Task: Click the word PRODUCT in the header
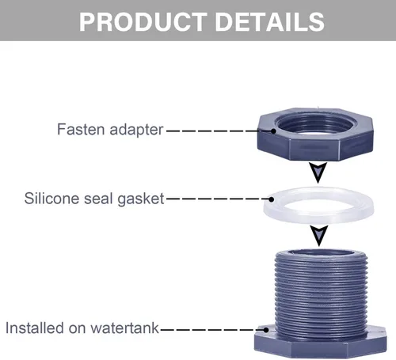(x=143, y=21)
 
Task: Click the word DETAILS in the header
(x=270, y=21)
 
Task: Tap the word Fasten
(x=81, y=130)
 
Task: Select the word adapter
(x=136, y=131)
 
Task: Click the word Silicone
(x=51, y=198)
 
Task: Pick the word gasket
(x=141, y=199)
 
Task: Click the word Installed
(x=35, y=328)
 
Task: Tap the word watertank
(x=124, y=328)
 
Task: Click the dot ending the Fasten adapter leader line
(x=273, y=131)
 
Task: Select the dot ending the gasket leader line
(x=272, y=199)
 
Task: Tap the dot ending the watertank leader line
(x=266, y=330)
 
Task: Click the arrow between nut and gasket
(x=318, y=171)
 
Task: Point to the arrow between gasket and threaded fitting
(x=319, y=234)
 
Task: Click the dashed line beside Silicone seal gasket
(x=216, y=199)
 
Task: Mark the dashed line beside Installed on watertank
(x=212, y=330)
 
